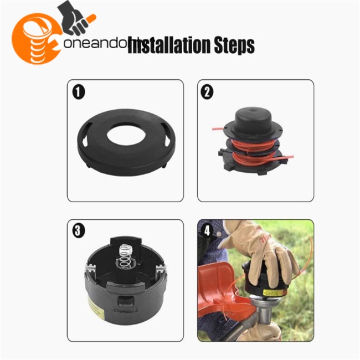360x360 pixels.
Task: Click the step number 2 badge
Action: pos(207,92)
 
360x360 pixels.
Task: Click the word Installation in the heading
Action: pos(169,45)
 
